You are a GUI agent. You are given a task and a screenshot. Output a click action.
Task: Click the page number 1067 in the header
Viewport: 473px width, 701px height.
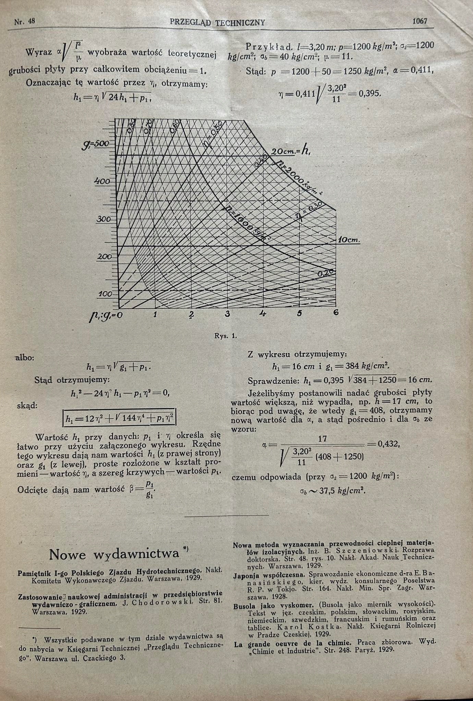tap(420, 21)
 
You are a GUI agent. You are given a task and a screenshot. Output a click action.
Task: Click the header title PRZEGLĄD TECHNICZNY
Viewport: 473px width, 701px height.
tap(218, 23)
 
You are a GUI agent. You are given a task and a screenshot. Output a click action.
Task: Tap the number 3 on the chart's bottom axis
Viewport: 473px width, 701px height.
tap(227, 314)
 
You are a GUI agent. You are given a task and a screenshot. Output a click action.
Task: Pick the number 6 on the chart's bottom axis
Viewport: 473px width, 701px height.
tap(336, 312)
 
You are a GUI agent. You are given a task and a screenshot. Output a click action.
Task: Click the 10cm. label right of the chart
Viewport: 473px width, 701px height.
tap(349, 240)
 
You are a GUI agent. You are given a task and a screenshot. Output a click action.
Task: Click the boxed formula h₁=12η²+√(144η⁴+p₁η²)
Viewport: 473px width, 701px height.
tap(119, 418)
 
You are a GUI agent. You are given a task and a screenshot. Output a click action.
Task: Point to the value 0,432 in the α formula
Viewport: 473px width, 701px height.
tap(388, 444)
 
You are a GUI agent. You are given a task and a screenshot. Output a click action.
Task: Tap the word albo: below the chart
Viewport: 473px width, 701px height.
tap(25, 358)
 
